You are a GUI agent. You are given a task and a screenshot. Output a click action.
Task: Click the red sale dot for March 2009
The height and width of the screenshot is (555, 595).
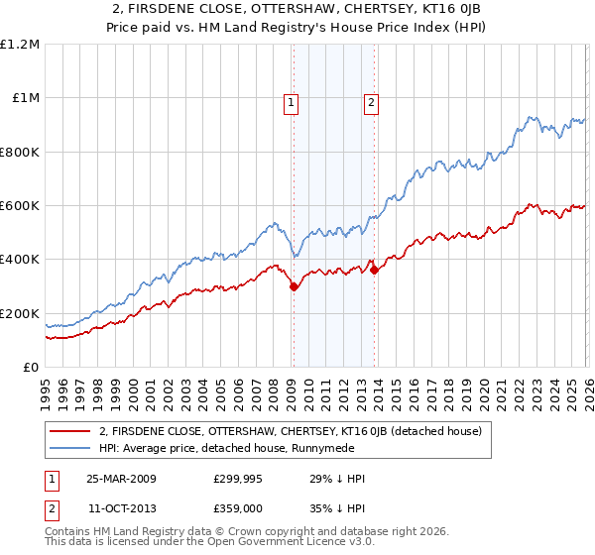point(294,286)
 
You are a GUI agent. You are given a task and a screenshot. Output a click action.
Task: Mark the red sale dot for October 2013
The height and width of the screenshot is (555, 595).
point(374,271)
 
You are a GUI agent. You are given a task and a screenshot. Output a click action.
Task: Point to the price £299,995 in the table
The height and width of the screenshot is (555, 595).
point(239,478)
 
